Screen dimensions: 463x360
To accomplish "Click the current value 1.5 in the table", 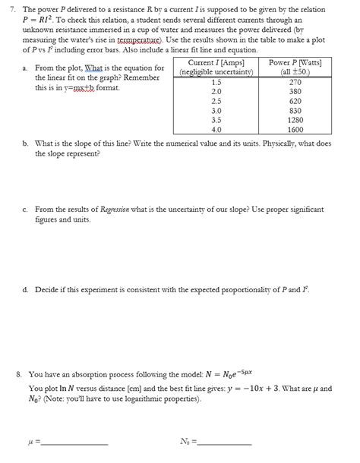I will point(216,81).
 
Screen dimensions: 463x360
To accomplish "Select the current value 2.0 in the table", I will point(216,91).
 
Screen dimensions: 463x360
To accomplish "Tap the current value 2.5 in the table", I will point(216,101).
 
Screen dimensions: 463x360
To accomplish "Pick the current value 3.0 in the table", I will point(216,111).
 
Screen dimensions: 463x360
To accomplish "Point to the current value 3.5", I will point(216,120).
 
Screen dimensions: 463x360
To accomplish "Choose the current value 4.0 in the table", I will point(216,130).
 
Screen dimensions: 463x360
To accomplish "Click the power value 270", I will point(297,81).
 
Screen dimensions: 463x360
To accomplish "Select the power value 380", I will point(297,91).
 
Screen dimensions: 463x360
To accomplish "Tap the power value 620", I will point(297,101).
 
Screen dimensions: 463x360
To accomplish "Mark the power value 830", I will point(297,111).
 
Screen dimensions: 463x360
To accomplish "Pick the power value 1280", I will point(297,120).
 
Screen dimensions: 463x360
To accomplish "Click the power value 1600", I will point(297,130).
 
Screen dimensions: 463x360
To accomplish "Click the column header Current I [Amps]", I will point(216,62).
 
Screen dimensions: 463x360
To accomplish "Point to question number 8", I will point(19,375).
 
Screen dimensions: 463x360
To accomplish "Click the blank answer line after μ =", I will point(77,442).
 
